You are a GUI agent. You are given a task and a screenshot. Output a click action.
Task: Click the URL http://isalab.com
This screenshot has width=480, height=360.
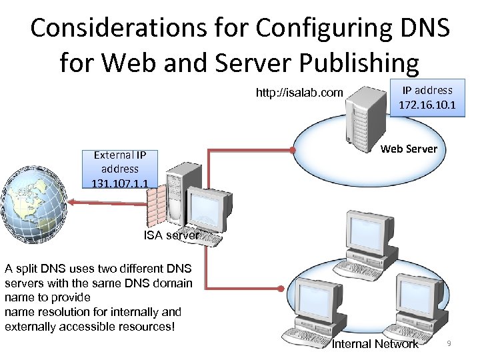point(299,93)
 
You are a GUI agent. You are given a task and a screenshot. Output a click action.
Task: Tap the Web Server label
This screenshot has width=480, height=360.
point(408,149)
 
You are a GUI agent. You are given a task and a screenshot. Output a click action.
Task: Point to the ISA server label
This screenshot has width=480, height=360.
point(171,235)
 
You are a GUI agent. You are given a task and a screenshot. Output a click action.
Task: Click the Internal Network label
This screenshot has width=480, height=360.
point(375,344)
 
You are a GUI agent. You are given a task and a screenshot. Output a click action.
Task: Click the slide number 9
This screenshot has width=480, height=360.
point(449,343)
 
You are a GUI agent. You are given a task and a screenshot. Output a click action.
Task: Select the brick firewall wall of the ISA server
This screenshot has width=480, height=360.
point(155,206)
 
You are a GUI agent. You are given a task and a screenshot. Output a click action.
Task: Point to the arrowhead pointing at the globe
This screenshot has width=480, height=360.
point(73,203)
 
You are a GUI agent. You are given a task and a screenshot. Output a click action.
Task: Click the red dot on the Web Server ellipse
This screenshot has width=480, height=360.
point(293,149)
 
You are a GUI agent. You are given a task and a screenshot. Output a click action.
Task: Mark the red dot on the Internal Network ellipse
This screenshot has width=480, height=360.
point(282,289)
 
